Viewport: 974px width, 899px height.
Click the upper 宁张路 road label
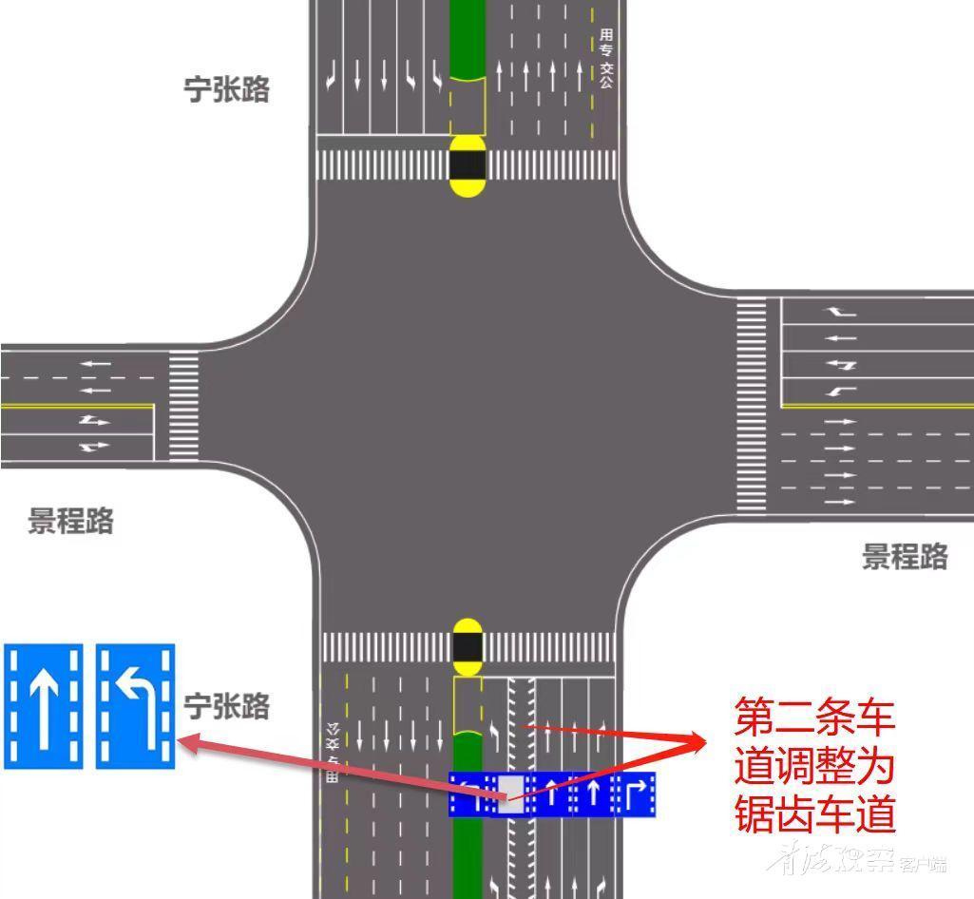click(x=226, y=89)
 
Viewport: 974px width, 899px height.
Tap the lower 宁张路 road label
click(x=226, y=706)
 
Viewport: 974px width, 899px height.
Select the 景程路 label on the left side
click(x=70, y=521)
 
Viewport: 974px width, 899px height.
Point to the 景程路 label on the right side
click(x=905, y=556)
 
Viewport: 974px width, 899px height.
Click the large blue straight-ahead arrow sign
click(x=43, y=706)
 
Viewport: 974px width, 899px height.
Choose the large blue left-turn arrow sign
click(x=135, y=706)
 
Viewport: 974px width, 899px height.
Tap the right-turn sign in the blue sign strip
click(x=635, y=794)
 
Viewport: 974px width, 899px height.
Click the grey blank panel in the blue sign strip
click(x=511, y=792)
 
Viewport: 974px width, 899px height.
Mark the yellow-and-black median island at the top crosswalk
click(x=467, y=165)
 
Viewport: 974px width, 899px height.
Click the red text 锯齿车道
click(x=814, y=813)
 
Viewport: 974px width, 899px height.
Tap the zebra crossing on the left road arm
click(x=183, y=406)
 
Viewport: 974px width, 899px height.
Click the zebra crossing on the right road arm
click(x=751, y=406)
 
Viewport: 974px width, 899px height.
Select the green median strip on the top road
click(x=467, y=38)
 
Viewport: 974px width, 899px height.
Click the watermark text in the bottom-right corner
click(x=860, y=861)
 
